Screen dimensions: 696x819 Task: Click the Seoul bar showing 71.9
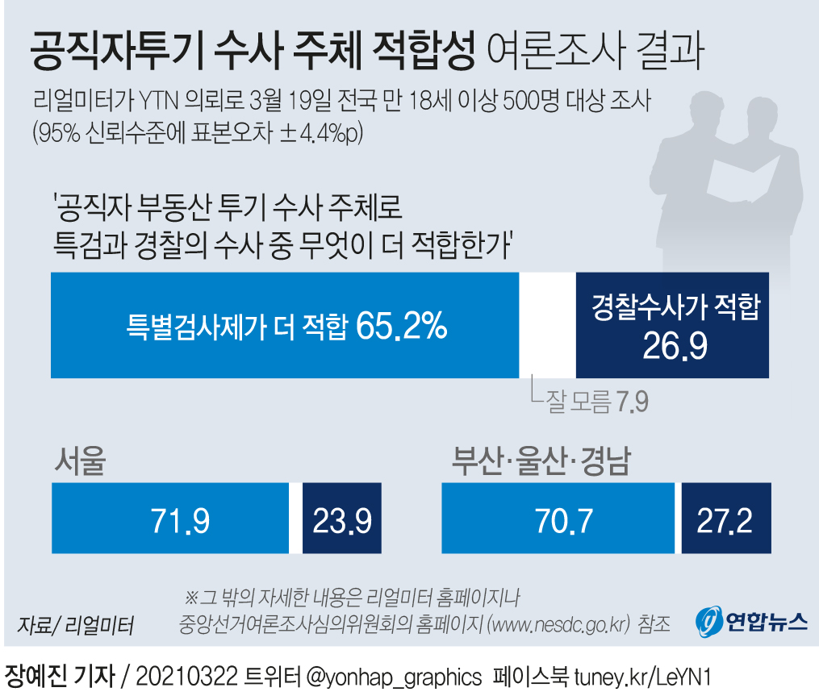click(170, 519)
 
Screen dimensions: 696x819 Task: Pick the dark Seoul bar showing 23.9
click(341, 519)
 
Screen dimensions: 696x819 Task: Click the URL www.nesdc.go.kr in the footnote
click(558, 623)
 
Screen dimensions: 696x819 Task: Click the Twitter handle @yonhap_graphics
click(395, 675)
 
